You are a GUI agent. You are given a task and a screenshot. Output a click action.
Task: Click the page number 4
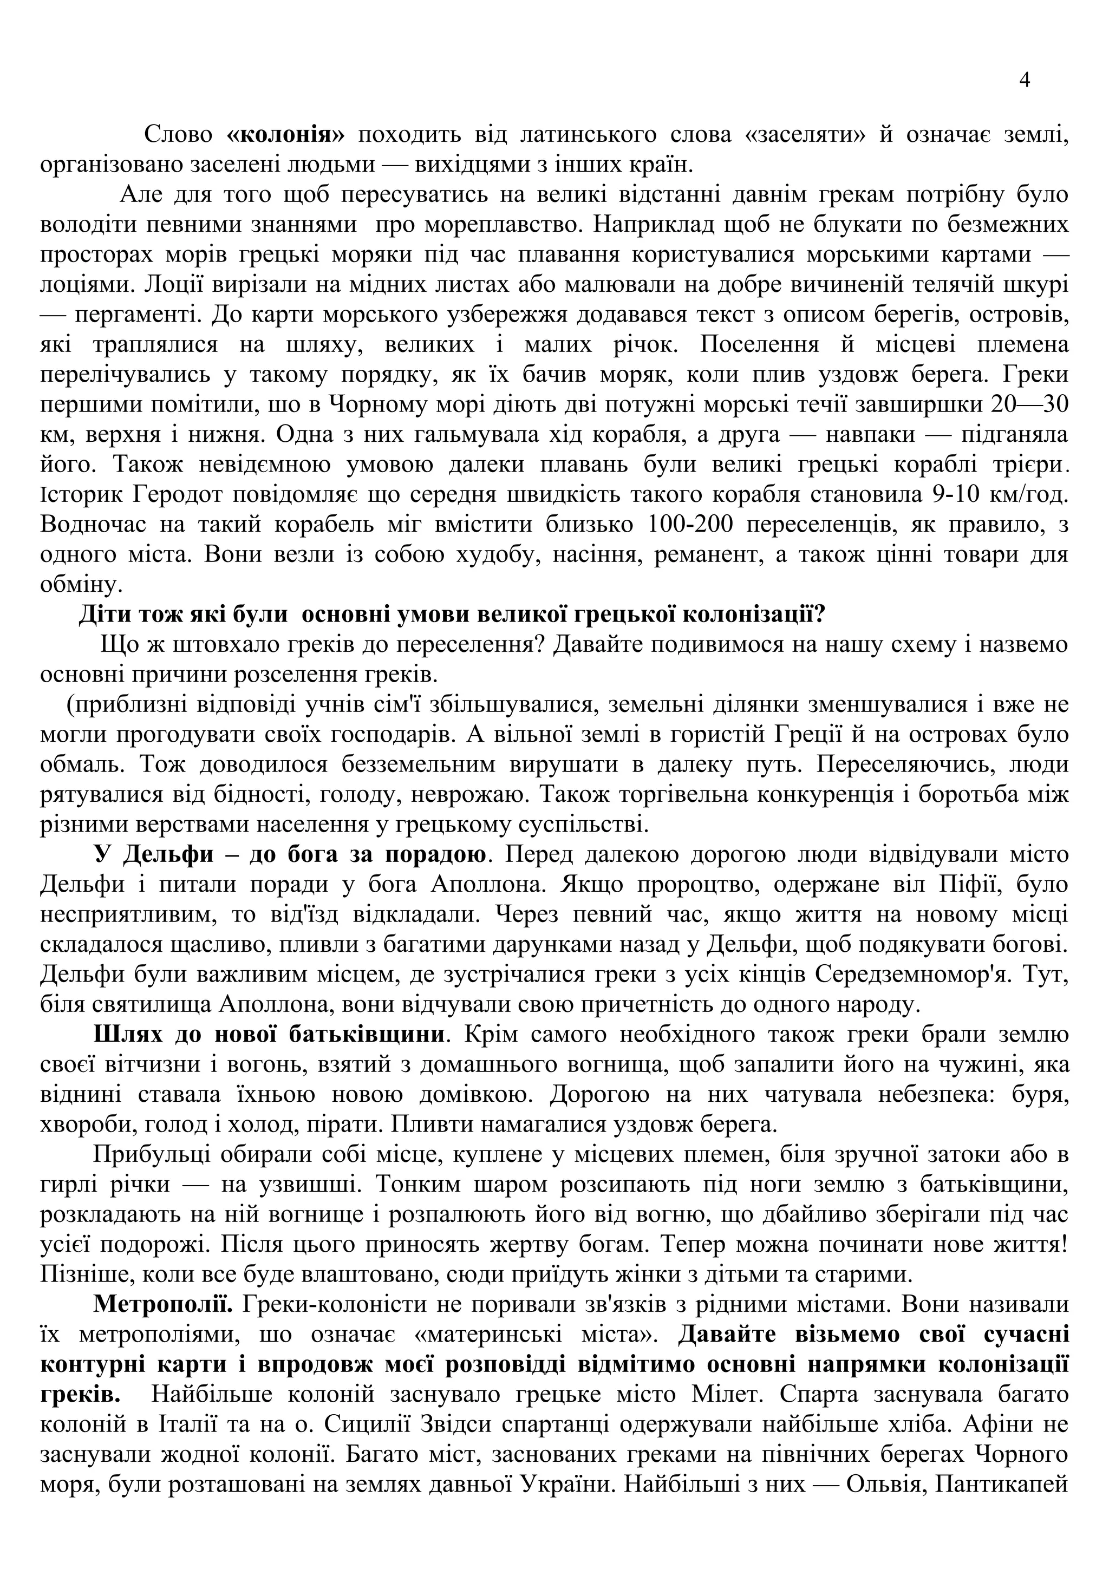pos(1025,81)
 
